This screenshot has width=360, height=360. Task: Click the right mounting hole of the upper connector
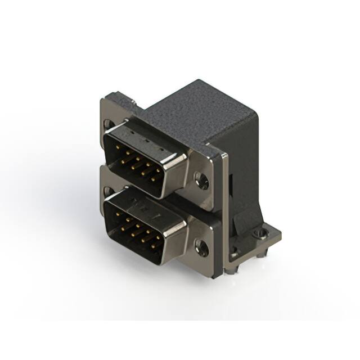point(201,180)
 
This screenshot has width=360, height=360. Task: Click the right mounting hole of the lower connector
point(201,246)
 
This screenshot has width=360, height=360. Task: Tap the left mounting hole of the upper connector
point(107,123)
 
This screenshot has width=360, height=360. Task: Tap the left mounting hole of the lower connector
point(107,190)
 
